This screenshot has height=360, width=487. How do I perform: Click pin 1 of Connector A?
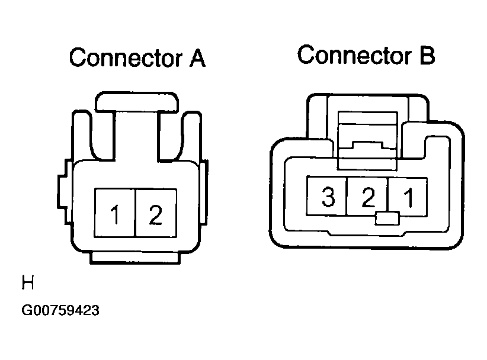(x=115, y=213)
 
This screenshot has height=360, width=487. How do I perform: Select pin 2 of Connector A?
(x=156, y=213)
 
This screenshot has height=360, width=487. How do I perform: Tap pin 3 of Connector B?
(x=326, y=196)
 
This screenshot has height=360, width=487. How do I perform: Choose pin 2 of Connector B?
(x=367, y=196)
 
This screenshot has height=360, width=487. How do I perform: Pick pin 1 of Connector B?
(x=408, y=197)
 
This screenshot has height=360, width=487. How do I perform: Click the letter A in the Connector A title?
(x=197, y=58)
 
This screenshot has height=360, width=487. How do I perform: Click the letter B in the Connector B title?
(x=427, y=56)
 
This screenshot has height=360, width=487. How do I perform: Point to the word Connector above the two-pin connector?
(x=126, y=57)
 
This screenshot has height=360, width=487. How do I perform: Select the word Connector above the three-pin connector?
(x=354, y=55)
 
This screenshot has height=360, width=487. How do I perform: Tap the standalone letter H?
(x=28, y=282)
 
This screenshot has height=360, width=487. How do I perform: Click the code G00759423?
(x=60, y=310)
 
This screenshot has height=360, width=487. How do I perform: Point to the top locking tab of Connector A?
(x=137, y=101)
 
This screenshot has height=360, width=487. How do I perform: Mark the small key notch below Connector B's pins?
(x=387, y=218)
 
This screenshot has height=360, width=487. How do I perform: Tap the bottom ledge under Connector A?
(x=135, y=258)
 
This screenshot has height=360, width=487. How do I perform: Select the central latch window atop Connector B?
(x=367, y=141)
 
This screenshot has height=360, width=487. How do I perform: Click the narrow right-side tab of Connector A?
(x=204, y=192)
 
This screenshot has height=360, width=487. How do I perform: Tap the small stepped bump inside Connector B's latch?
(x=368, y=145)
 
